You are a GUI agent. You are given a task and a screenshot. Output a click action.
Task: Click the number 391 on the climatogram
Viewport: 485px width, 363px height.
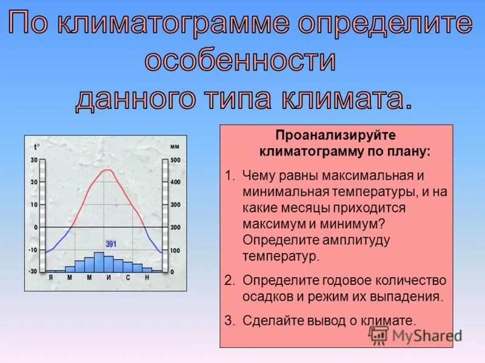coord(111,244)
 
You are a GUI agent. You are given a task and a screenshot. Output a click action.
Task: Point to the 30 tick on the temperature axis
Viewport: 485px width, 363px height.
coord(34,160)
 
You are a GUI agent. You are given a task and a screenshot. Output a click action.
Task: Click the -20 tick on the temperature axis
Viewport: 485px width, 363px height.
coord(33,272)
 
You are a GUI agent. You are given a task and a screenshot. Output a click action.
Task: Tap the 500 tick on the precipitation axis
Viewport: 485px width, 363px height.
coord(175,160)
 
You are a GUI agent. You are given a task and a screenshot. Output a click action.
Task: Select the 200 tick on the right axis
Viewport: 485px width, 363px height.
coord(175,227)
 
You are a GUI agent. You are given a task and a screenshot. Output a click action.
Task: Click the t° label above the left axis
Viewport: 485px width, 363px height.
coord(37,146)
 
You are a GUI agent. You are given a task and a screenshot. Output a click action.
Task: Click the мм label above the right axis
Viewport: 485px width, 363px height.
coord(175,146)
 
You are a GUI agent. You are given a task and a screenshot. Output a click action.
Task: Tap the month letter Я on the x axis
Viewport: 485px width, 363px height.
coord(51,277)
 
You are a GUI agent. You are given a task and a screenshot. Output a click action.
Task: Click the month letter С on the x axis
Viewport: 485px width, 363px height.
coord(128,277)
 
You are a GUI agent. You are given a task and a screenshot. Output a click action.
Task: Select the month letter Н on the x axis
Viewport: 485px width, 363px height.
coord(147,277)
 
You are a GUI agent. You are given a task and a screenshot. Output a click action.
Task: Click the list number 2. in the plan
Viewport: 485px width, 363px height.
coord(229,281)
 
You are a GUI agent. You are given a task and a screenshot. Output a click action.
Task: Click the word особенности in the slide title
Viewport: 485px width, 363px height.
coord(240,62)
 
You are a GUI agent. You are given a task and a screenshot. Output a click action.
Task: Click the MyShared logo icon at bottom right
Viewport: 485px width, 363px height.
coord(379,335)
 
